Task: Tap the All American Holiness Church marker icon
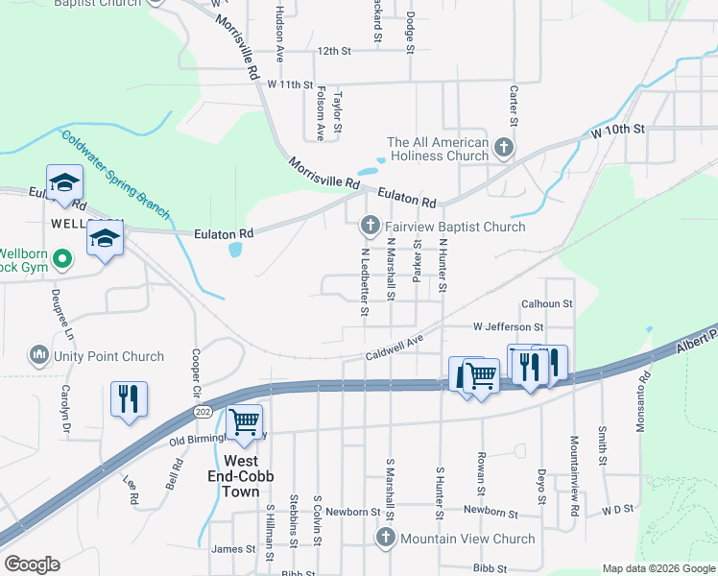tap(505, 149)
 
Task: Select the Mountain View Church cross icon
tap(386, 539)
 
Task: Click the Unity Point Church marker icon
tap(39, 356)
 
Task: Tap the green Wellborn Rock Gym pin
tap(62, 257)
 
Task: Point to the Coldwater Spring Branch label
tap(115, 174)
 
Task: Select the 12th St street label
tap(336, 51)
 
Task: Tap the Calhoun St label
tap(546, 303)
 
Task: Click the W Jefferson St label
tap(508, 327)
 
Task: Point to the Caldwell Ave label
tap(394, 348)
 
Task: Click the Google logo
tap(32, 564)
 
